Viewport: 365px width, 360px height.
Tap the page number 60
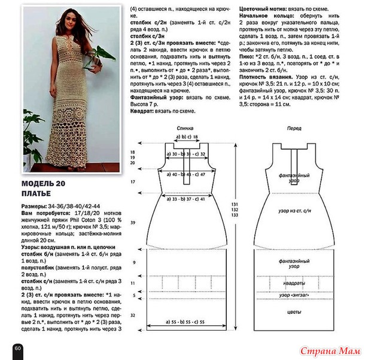pyautogui.click(x=17, y=348)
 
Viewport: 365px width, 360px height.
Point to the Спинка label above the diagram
pyautogui.click(x=185, y=129)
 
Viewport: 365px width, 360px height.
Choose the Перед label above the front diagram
pyautogui.click(x=294, y=129)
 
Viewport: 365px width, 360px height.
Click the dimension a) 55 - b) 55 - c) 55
pyautogui.click(x=185, y=322)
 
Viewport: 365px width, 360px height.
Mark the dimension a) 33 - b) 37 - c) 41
pyautogui.click(x=185, y=198)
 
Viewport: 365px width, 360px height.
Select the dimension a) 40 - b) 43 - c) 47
pyautogui.click(x=185, y=174)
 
